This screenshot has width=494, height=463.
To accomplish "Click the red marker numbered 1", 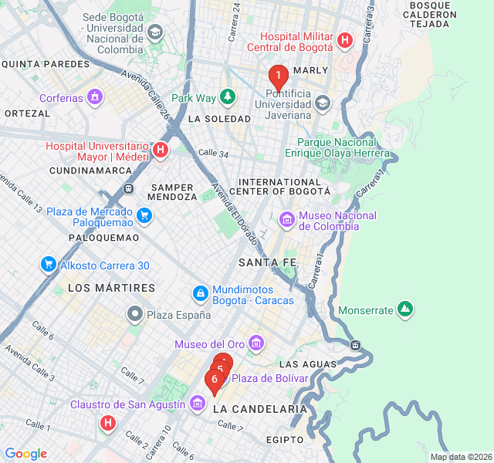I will [278, 76].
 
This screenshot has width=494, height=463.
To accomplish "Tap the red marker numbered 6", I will [214, 379].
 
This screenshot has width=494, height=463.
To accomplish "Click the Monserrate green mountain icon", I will [405, 310].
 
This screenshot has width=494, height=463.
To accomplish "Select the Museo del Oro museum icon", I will [256, 343].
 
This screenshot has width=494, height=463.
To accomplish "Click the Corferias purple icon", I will [95, 98].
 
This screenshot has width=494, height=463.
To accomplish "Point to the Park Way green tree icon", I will [227, 97].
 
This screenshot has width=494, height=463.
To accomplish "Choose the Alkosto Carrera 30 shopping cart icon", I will [49, 265].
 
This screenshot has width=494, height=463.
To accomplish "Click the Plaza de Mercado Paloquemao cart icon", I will [144, 215].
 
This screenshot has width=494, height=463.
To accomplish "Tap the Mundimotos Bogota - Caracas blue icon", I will [200, 293].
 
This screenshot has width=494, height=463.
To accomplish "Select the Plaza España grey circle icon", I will [135, 314].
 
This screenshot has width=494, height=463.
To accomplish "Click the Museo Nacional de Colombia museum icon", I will [287, 220].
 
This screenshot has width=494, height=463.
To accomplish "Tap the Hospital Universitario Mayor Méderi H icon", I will [161, 150].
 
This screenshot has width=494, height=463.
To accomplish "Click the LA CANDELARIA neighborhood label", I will [259, 408].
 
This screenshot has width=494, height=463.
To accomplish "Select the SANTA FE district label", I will [267, 263].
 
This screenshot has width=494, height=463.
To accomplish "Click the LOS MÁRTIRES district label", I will [111, 288].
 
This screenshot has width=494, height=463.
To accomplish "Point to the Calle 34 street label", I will [213, 154].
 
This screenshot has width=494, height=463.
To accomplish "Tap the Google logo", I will [26, 454].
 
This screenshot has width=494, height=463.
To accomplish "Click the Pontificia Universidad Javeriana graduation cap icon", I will [322, 102].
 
